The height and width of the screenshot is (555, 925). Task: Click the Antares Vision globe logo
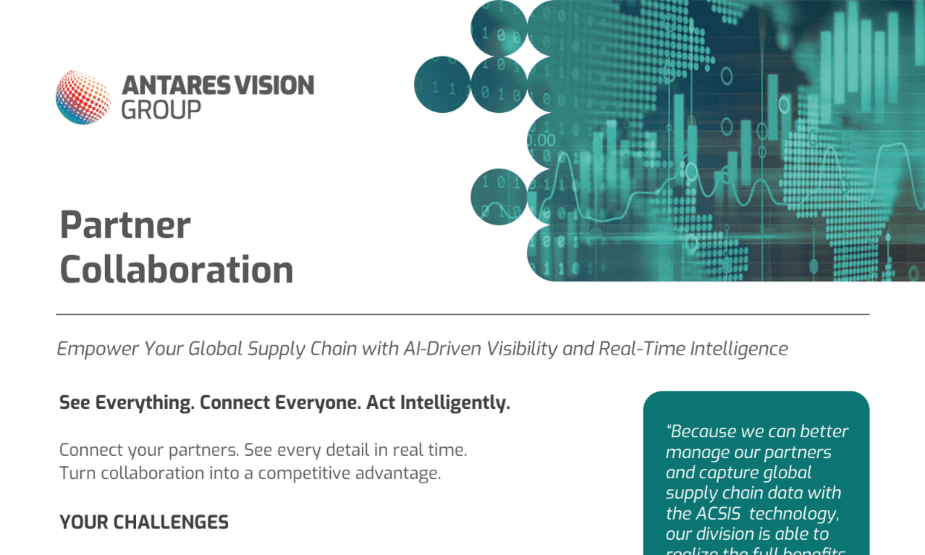tap(83, 97)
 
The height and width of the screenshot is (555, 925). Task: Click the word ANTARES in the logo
tap(176, 85)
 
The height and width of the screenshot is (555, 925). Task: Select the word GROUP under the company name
tap(161, 110)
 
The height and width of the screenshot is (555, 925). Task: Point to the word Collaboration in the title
tap(176, 269)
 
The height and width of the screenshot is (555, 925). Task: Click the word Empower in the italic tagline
tap(98, 349)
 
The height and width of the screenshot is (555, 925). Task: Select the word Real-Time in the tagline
tap(642, 349)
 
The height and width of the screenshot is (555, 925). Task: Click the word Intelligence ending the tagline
tap(739, 349)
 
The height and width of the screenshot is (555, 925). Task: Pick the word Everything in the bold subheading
tap(145, 403)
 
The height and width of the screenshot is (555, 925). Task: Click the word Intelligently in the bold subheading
tap(455, 403)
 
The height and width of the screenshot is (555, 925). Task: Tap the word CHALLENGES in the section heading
tap(171, 522)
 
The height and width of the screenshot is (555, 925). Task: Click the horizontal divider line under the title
tap(462, 314)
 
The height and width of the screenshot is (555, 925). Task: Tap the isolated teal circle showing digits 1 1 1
tap(442, 85)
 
